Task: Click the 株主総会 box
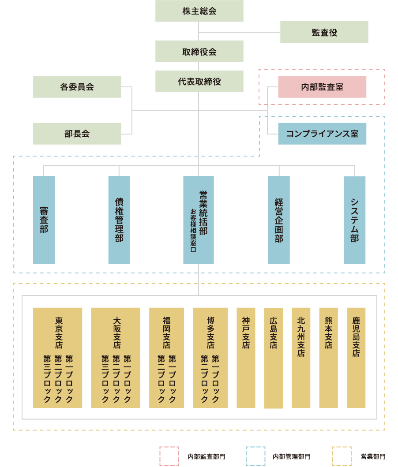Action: [x=199, y=11]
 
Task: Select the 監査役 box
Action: [x=324, y=32]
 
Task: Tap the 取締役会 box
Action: [x=199, y=51]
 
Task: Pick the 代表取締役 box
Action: [x=199, y=82]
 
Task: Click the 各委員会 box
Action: [x=77, y=87]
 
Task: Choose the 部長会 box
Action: [x=77, y=134]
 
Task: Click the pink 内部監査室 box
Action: [x=322, y=87]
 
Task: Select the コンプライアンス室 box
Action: [x=322, y=134]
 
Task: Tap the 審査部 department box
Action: [x=44, y=220]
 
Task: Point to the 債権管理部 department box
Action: [x=119, y=220]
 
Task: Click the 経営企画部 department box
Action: [x=279, y=220]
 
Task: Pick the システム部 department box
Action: [x=355, y=220]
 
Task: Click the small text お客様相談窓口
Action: [x=193, y=230]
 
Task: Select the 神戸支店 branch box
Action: [x=246, y=358]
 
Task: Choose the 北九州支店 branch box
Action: [x=301, y=358]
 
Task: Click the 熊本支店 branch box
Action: [x=328, y=358]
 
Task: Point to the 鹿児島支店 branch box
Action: [x=356, y=358]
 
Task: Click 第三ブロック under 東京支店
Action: [x=47, y=378]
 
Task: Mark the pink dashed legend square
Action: [x=169, y=456]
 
